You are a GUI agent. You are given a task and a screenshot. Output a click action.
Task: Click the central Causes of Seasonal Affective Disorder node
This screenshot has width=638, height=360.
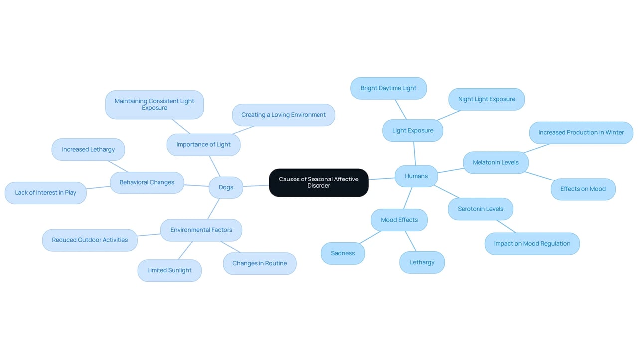click(x=319, y=182)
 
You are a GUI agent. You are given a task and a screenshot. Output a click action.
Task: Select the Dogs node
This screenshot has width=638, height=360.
click(x=226, y=187)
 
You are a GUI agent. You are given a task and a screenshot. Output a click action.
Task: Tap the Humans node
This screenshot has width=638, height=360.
click(x=416, y=176)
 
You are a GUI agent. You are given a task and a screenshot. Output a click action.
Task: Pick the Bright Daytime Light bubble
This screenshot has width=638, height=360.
click(x=388, y=88)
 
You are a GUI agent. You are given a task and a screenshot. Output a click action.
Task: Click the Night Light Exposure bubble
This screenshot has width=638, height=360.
click(x=486, y=99)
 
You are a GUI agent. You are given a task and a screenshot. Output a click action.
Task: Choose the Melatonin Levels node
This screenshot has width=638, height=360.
click(x=495, y=163)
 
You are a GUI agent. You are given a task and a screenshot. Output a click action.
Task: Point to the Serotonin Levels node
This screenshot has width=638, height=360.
click(x=480, y=209)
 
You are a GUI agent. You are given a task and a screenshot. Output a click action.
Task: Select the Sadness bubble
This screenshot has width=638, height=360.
click(x=343, y=253)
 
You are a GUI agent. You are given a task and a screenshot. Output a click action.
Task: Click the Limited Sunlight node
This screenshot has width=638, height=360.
click(x=169, y=270)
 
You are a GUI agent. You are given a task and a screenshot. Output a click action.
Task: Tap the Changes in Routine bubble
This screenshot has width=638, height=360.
click(x=260, y=263)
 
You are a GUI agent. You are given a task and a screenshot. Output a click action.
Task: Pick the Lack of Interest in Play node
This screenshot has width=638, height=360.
click(x=45, y=193)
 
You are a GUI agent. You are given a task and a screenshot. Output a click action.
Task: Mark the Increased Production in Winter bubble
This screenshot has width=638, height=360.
click(x=581, y=133)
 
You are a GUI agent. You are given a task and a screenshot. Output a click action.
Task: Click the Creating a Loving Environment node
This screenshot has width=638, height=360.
click(x=284, y=115)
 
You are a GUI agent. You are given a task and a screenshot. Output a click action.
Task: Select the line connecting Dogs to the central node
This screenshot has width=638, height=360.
click(x=256, y=186)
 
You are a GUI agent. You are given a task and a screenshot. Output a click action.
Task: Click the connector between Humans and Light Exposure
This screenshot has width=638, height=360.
click(x=414, y=153)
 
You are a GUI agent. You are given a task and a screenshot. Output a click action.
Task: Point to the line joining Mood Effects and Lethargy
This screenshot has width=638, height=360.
click(x=411, y=241)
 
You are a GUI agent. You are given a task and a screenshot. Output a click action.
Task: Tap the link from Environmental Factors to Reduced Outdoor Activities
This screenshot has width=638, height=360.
click(x=149, y=235)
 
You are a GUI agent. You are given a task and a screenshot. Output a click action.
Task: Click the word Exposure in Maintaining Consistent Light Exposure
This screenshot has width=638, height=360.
click(x=155, y=108)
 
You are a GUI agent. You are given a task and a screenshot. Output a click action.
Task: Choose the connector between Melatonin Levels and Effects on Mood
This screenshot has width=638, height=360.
click(x=540, y=176)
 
